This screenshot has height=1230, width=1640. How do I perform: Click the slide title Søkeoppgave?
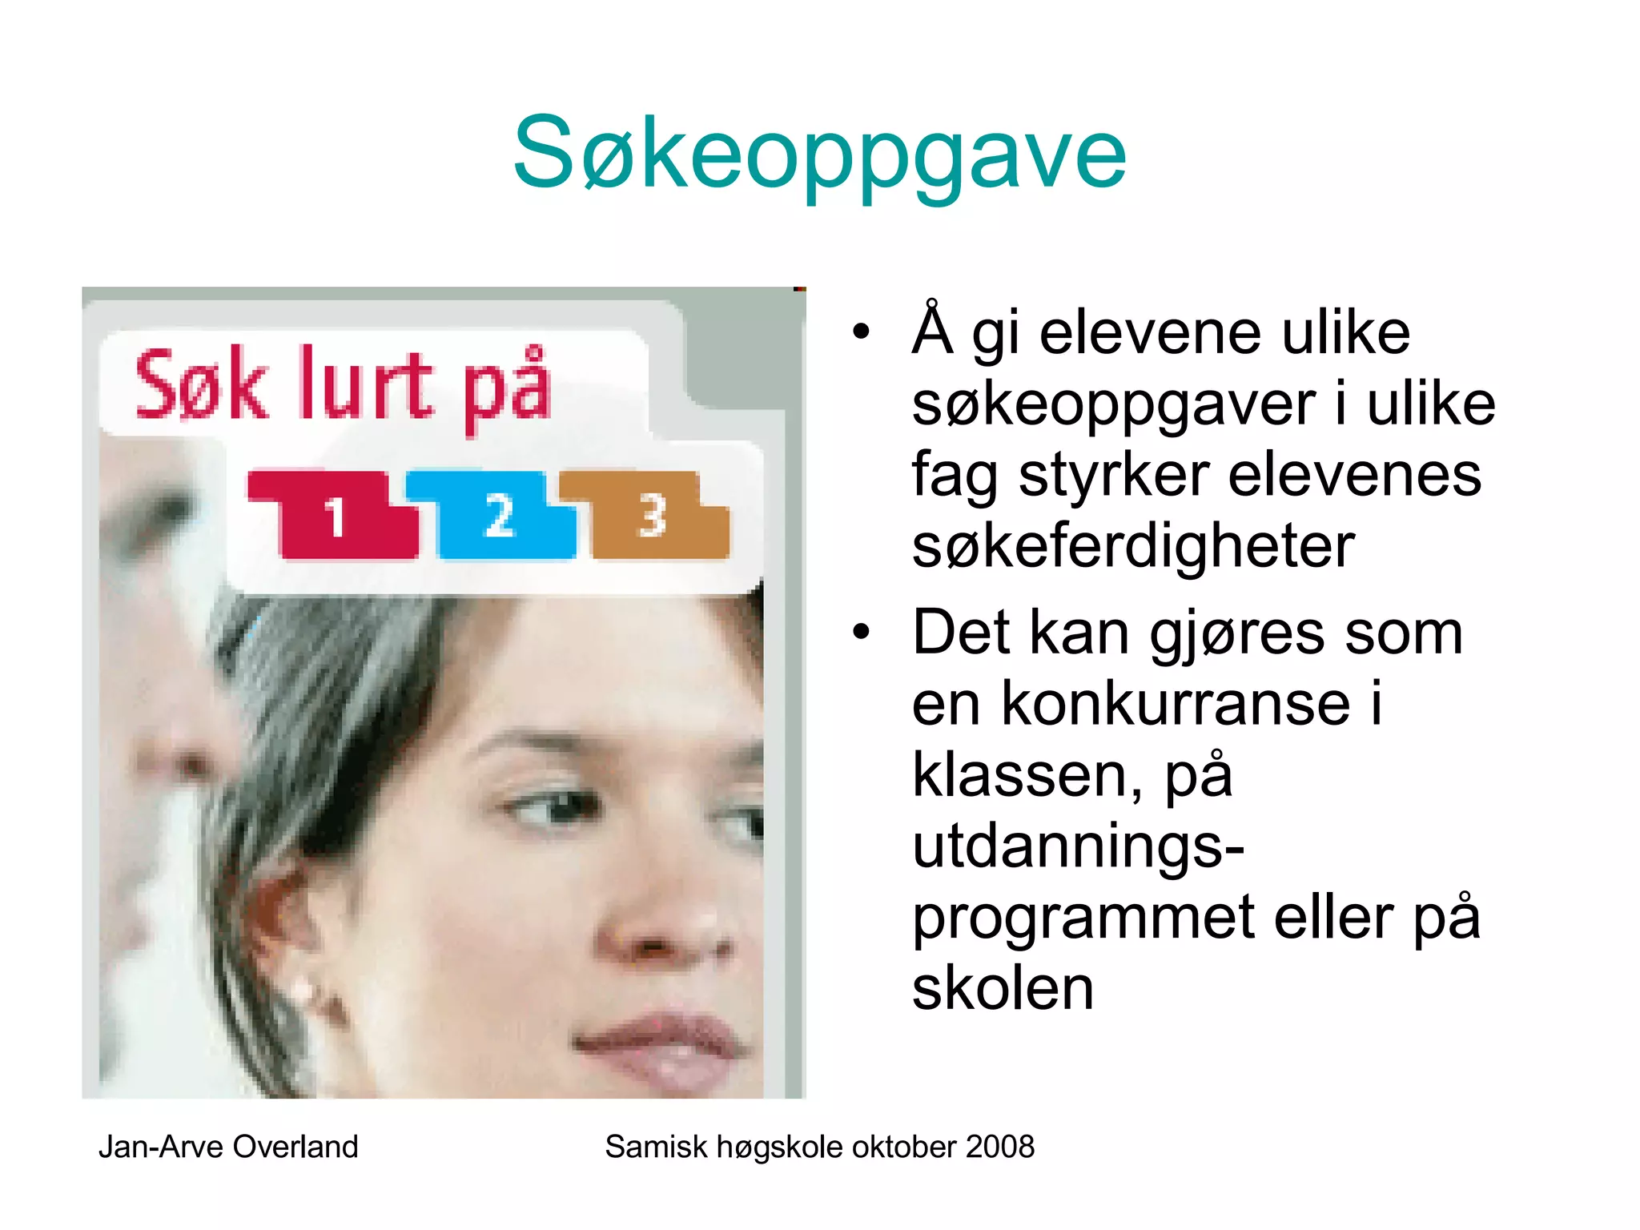[819, 154]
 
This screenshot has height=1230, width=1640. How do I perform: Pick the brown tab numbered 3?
[653, 517]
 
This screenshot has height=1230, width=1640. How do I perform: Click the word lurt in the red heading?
[364, 387]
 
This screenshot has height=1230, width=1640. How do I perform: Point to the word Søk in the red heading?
[200, 387]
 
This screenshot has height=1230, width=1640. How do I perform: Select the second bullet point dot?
[861, 632]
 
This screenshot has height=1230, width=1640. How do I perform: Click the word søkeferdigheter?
[1133, 547]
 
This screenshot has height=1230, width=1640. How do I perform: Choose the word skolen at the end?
[1003, 988]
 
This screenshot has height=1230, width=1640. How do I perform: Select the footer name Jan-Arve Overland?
[228, 1147]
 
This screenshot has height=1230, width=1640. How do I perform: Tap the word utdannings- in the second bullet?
[1078, 846]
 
